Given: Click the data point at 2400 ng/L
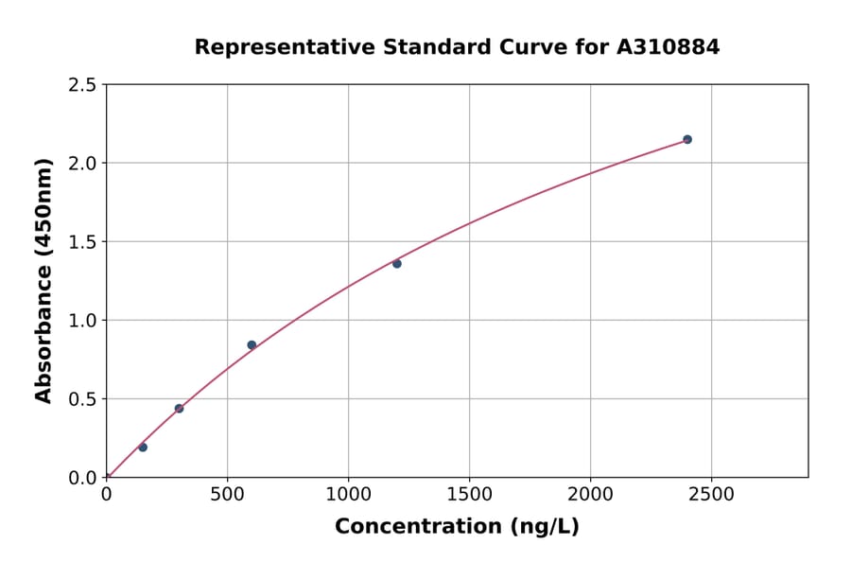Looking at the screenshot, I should pos(687,139).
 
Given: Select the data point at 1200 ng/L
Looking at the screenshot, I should pos(397,264).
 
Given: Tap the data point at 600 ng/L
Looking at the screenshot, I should pos(252,344).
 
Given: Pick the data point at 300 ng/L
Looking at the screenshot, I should pos(179,409).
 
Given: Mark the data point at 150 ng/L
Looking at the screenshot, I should pos(143,448).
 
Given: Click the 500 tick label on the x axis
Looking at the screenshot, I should pos(227,494).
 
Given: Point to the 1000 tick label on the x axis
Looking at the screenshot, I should pos(348,494).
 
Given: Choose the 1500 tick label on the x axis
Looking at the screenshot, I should pos(469,494).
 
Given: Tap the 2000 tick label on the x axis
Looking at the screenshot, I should pos(590,494).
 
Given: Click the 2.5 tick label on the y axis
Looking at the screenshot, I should pos(82,85).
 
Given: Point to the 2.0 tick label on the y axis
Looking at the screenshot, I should pos(82,164).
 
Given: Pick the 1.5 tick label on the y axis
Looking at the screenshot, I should pos(82,242).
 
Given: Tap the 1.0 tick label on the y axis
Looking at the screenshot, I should pos(82,321).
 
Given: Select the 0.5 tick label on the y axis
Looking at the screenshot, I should pos(82,399).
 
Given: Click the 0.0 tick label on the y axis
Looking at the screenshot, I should pos(82,478).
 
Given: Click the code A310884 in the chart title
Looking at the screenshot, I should pos(669,47).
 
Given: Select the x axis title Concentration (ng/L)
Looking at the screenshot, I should pos(457,527).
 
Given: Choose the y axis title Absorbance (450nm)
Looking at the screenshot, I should pos(43,281).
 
